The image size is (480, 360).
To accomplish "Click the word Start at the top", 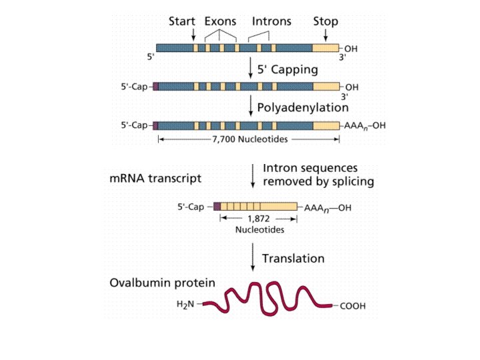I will pyautogui.click(x=181, y=21).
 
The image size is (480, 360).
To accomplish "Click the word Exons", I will pyautogui.click(x=221, y=21).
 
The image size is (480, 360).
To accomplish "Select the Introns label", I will pyautogui.click(x=272, y=21).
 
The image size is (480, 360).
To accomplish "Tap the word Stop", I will pyautogui.click(x=325, y=21).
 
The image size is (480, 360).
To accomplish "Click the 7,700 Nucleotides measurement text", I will pyautogui.click(x=249, y=140).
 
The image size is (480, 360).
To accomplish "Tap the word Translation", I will pyautogui.click(x=293, y=258).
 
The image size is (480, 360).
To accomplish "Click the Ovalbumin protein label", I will pyautogui.click(x=162, y=283).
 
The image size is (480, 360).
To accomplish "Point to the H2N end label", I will pyautogui.click(x=187, y=305).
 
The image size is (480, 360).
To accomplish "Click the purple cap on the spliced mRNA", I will pyautogui.click(x=217, y=207).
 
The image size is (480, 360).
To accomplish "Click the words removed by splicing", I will pyautogui.click(x=318, y=181).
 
